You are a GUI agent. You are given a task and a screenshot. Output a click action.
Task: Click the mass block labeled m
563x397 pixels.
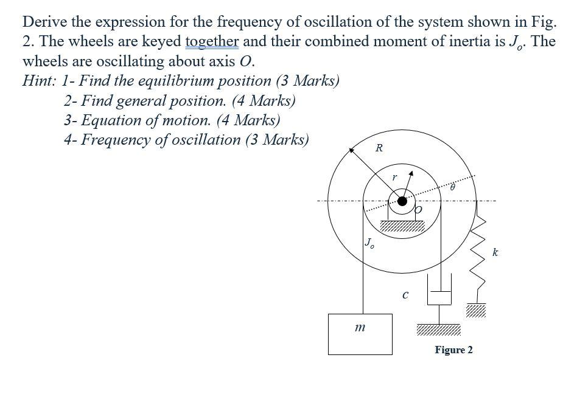coord(360,334)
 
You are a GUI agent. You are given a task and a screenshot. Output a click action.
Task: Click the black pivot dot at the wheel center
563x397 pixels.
coord(402,202)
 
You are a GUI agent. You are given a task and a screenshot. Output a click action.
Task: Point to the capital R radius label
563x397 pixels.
coord(379,148)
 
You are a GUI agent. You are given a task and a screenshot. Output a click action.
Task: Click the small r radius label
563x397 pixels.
coord(394,178)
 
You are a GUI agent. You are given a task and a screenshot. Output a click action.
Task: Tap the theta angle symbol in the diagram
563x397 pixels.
coord(453,189)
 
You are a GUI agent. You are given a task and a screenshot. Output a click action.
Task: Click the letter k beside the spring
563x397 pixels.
coord(495,252)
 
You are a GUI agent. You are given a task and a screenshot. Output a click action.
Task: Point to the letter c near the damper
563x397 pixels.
coord(405,296)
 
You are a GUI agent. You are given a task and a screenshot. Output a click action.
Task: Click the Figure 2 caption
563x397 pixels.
coord(453,350)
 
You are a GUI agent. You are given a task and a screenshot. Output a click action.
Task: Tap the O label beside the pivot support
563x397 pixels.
coord(418,210)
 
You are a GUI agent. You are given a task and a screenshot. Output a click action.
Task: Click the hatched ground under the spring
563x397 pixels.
coord(477,311)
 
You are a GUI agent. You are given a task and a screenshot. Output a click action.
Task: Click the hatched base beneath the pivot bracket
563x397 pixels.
coord(402,228)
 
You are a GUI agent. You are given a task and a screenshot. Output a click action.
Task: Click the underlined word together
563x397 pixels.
coord(212,41)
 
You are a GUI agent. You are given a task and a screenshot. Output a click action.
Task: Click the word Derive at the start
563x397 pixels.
coord(44,22)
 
